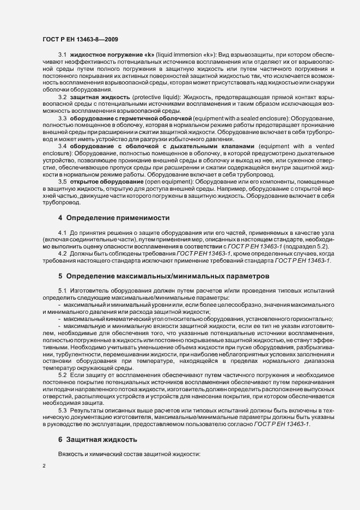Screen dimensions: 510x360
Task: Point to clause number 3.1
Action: coord(62,56)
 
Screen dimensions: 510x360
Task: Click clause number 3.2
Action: coord(62,97)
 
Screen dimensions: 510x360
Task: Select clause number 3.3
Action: coord(62,118)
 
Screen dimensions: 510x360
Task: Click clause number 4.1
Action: coord(62,233)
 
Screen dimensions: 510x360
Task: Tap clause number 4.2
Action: coord(62,254)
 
